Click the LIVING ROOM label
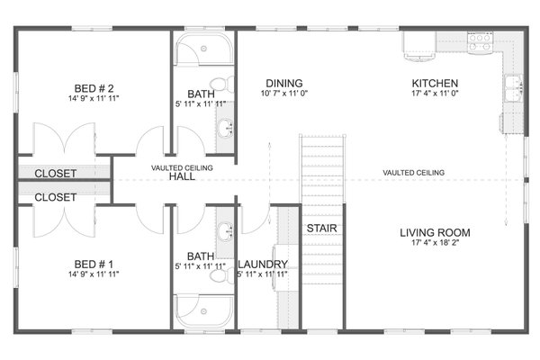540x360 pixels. coord(435,232)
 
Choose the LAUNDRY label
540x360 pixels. coord(263,264)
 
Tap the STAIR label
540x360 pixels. coord(321,229)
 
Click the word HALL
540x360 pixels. coord(182,177)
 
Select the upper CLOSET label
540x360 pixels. coord(56,173)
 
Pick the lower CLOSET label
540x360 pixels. coord(56,196)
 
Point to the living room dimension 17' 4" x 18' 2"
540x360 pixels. coord(435,243)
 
